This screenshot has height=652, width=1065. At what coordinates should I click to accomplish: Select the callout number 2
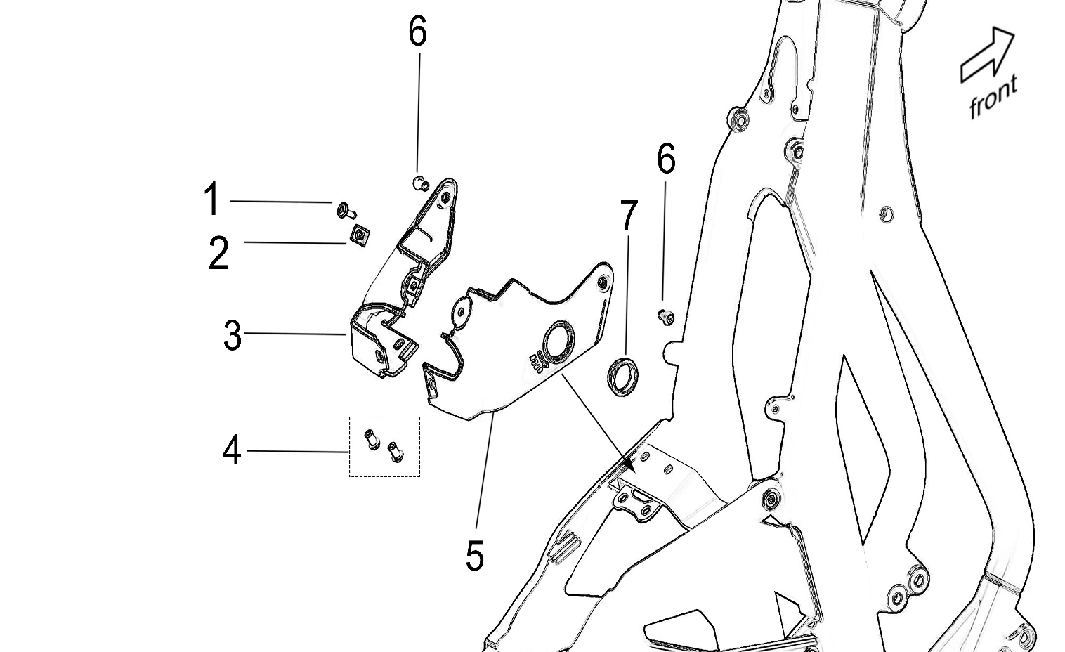click(x=218, y=253)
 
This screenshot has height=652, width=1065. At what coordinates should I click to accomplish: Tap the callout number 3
click(x=233, y=336)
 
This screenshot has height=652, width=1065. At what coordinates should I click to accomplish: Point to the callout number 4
click(x=232, y=450)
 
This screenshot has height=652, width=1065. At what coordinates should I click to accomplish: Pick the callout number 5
click(x=475, y=556)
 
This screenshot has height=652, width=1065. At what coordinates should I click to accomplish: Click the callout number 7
click(x=629, y=216)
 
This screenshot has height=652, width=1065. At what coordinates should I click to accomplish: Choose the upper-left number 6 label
click(x=417, y=32)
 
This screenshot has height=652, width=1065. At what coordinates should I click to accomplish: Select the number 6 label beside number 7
click(x=666, y=159)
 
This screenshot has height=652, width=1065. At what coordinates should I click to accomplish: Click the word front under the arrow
click(x=993, y=97)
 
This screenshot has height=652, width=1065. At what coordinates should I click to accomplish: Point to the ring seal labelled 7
click(x=622, y=376)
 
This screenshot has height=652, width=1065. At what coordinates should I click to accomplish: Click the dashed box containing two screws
click(x=385, y=446)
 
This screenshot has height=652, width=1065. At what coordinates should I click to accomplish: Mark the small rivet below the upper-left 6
click(x=419, y=183)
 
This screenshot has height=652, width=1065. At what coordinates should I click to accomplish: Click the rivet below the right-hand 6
click(x=664, y=317)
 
